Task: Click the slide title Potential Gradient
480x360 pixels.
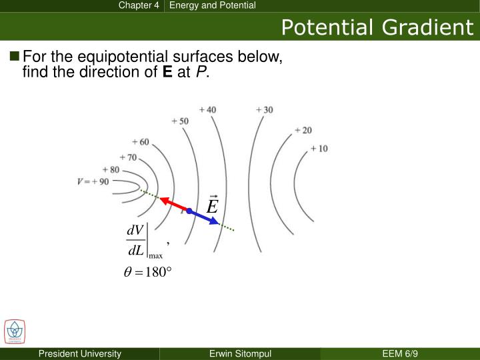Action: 377,27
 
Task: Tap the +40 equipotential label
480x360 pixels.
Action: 207,109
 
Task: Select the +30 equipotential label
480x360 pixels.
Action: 264,109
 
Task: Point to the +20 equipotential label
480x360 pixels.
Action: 303,130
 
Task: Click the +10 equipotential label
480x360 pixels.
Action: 319,148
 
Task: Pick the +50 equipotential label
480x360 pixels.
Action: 179,121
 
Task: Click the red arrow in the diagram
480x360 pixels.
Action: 174,203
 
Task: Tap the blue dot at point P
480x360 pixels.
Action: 189,211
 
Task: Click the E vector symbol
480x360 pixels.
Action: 212,205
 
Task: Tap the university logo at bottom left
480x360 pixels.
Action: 14,331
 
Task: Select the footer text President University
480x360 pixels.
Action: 79,353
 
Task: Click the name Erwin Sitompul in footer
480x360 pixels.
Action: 239,353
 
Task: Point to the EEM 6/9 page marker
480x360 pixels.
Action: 400,353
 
